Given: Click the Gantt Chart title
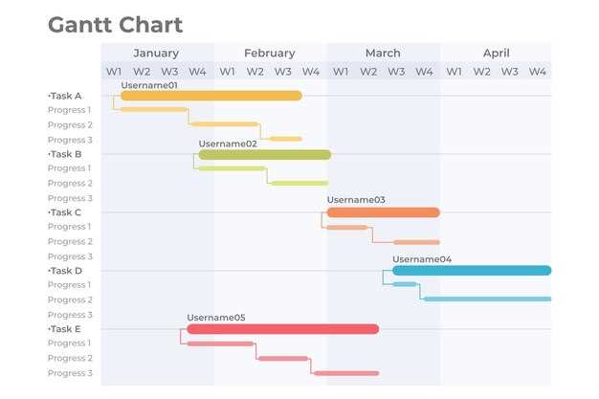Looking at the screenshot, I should coord(115,25).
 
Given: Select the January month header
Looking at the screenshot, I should coord(156,54).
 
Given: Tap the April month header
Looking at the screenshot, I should coord(496,54).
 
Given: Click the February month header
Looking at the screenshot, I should coord(269,54).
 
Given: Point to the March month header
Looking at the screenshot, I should coord(383,54).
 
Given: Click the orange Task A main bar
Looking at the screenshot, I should coord(211,96).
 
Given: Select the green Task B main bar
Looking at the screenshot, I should coord(264,154).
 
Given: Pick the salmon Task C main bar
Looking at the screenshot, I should coord(383,212).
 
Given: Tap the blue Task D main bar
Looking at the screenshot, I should coord(472,271).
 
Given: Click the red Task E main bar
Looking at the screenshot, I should coord(282,329).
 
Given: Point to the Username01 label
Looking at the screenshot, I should coord(149,85).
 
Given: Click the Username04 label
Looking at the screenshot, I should coord(422,259).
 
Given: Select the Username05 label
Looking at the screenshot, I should coord(216,318).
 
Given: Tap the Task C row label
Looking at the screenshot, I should coord(65,212).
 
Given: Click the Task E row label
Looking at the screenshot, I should coord(65,329).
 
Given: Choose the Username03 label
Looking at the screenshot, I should coord(356,200).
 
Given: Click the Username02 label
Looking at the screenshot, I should coord(228,144).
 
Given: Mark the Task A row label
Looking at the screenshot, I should coord(65,96).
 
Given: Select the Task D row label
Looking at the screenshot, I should coord(65,271).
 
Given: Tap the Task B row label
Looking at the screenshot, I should coord(65,154).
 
